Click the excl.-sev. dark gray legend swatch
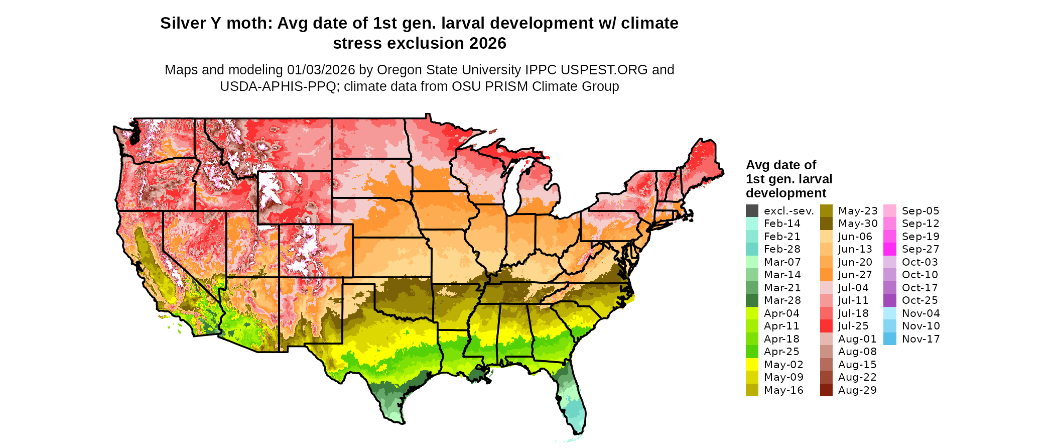tap(752, 211)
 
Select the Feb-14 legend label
tap(782, 223)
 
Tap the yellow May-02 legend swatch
tap(752, 365)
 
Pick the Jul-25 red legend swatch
tap(826, 326)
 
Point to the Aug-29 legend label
tap(857, 390)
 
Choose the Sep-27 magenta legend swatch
tap(890, 249)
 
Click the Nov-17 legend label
tap(920, 339)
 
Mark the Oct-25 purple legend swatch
tap(890, 300)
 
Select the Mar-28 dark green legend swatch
tap(752, 300)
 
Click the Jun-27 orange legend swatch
tap(826, 275)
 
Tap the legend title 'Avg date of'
tap(781, 165)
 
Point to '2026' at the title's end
tap(488, 44)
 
